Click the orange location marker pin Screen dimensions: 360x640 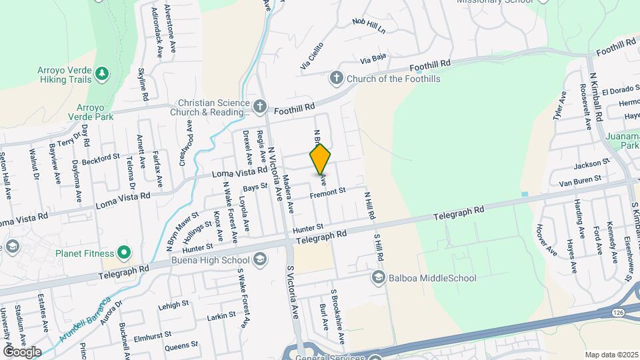[x=321, y=159]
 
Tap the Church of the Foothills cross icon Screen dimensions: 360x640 [x=336, y=79]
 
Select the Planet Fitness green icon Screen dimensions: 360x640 [x=123, y=253]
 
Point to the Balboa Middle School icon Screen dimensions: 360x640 [x=378, y=277]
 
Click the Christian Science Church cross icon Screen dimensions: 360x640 [x=260, y=105]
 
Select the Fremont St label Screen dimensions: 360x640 [x=329, y=192]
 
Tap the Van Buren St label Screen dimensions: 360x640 [x=579, y=179]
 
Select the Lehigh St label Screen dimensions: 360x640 [x=174, y=305]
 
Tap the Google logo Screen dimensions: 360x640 [x=22, y=351]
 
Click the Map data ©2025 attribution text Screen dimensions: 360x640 [x=611, y=355]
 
